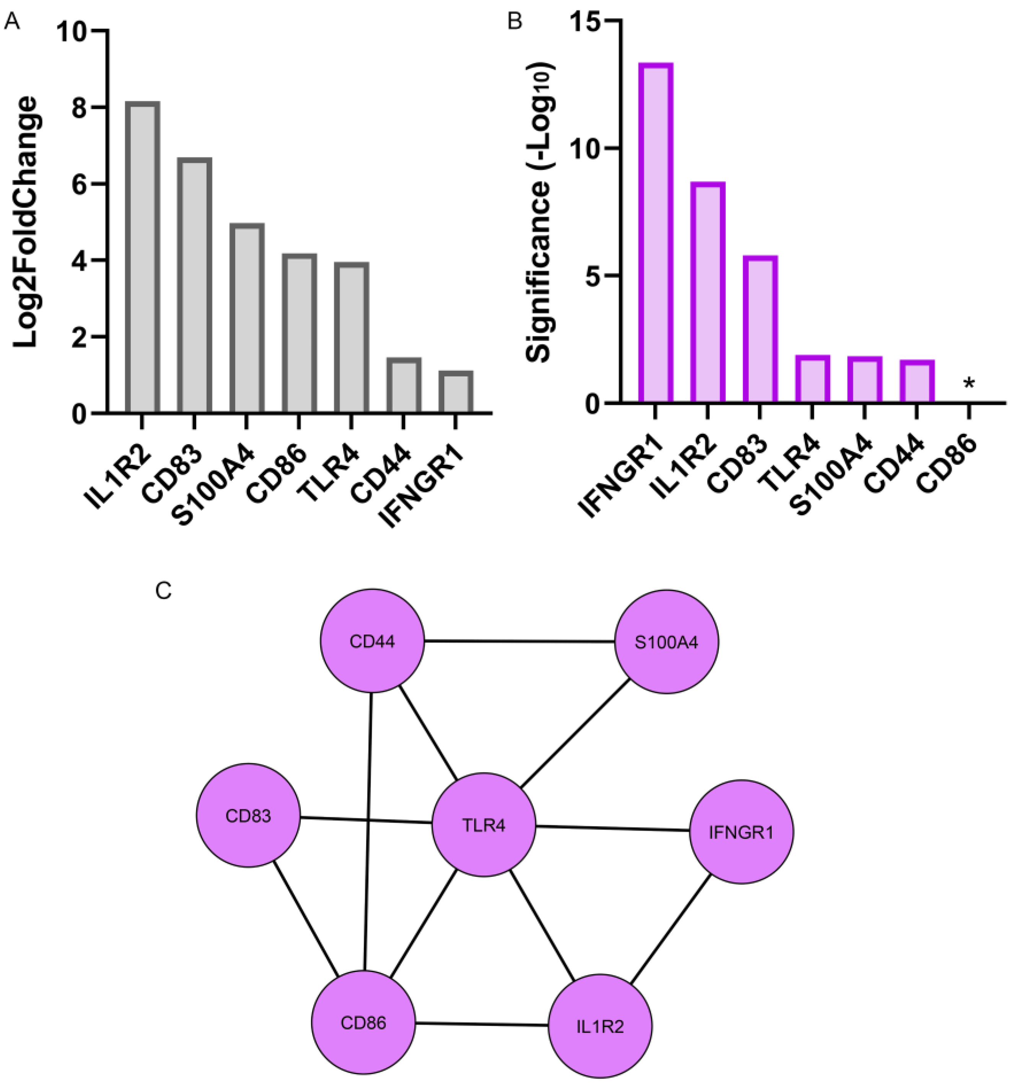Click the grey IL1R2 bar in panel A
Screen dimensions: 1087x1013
(x=142, y=257)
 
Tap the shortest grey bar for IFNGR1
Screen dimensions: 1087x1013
(x=455, y=392)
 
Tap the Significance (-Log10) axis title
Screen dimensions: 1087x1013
(x=539, y=213)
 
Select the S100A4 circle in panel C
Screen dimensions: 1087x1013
(x=666, y=641)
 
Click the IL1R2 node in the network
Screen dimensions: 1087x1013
(x=600, y=1026)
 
